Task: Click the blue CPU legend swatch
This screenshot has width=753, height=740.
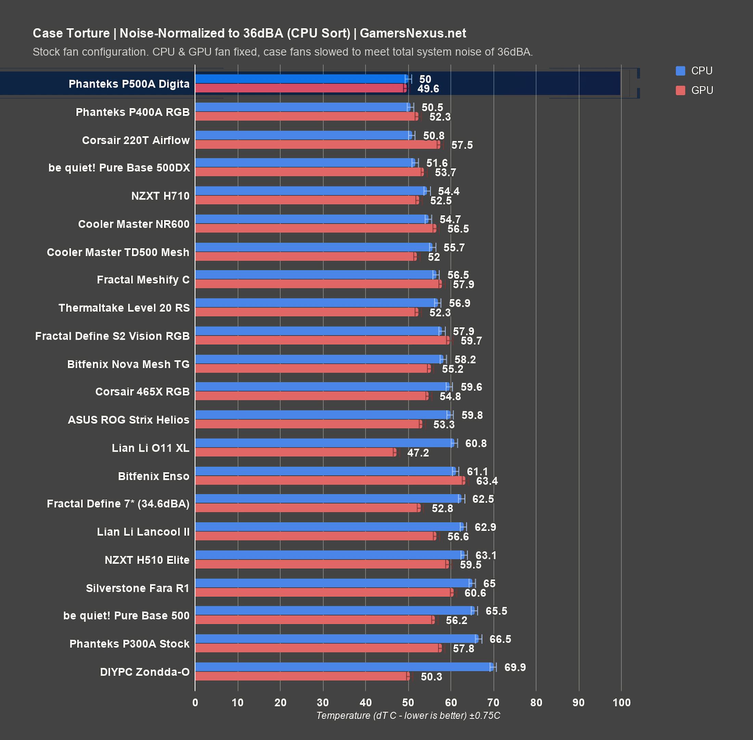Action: (x=680, y=71)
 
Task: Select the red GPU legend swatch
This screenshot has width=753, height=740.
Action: (x=680, y=90)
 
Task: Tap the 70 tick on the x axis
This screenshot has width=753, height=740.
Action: (x=493, y=702)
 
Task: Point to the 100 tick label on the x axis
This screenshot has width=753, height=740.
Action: (x=621, y=702)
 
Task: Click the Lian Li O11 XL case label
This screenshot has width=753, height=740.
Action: (x=150, y=448)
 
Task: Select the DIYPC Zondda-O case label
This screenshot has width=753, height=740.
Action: (x=144, y=671)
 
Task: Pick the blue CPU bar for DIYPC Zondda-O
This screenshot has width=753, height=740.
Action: (x=344, y=667)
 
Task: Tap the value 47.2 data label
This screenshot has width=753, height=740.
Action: (x=418, y=453)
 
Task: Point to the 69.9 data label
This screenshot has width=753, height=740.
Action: (x=515, y=667)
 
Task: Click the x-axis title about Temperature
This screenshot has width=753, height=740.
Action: (x=408, y=716)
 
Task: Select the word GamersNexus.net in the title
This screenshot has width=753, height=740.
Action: (x=413, y=34)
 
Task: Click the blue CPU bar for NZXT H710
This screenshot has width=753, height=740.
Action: (x=311, y=191)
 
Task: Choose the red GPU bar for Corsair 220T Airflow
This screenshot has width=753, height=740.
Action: (x=318, y=145)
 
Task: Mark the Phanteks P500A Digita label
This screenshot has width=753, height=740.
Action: (x=129, y=84)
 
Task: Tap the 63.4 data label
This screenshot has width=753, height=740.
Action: (x=487, y=481)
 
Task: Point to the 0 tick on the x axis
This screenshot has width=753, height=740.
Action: (x=195, y=702)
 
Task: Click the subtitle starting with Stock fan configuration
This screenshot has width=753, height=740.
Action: (x=282, y=52)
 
